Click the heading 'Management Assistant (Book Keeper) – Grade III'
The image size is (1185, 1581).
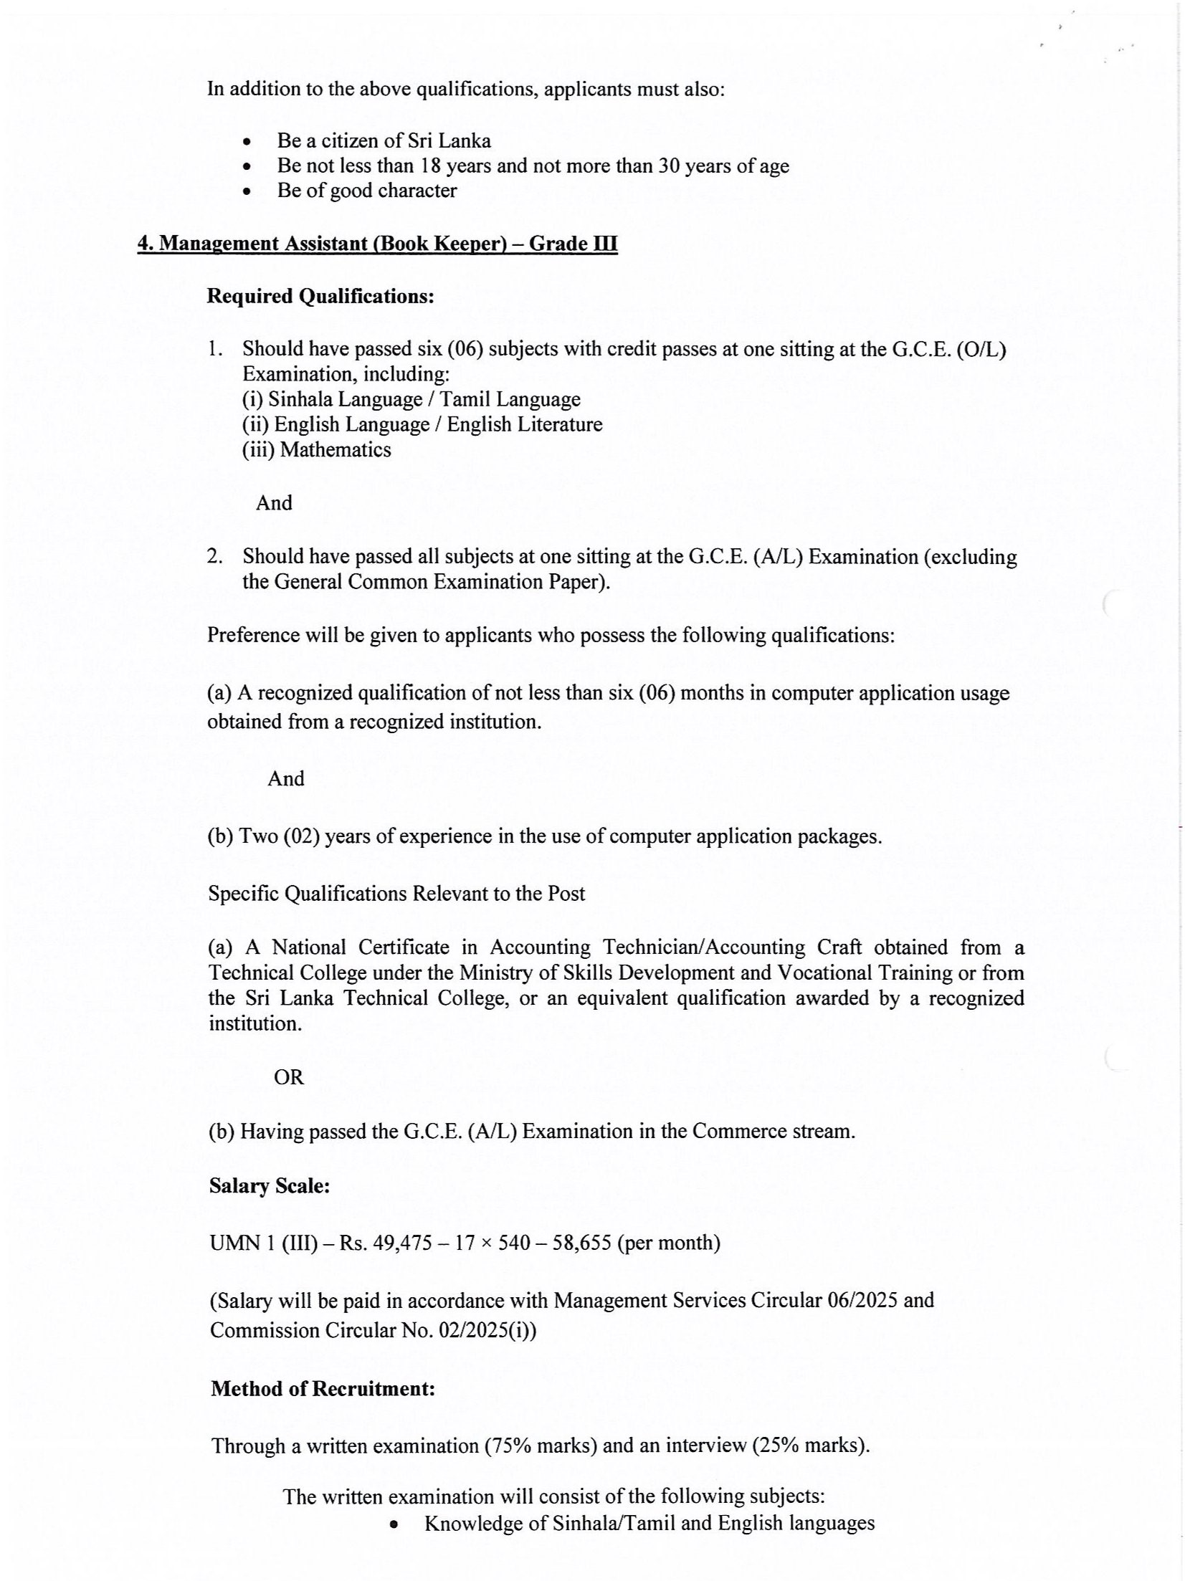(x=377, y=244)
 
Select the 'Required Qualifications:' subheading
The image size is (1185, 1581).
(x=320, y=296)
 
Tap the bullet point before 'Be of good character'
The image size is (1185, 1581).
(x=247, y=192)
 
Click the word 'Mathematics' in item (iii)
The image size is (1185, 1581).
(x=335, y=450)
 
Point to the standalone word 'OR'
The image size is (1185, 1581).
(x=289, y=1077)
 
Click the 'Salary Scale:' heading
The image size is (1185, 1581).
(x=270, y=1186)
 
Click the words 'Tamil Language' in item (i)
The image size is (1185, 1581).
(x=510, y=399)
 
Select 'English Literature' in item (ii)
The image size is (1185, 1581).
(x=525, y=424)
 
